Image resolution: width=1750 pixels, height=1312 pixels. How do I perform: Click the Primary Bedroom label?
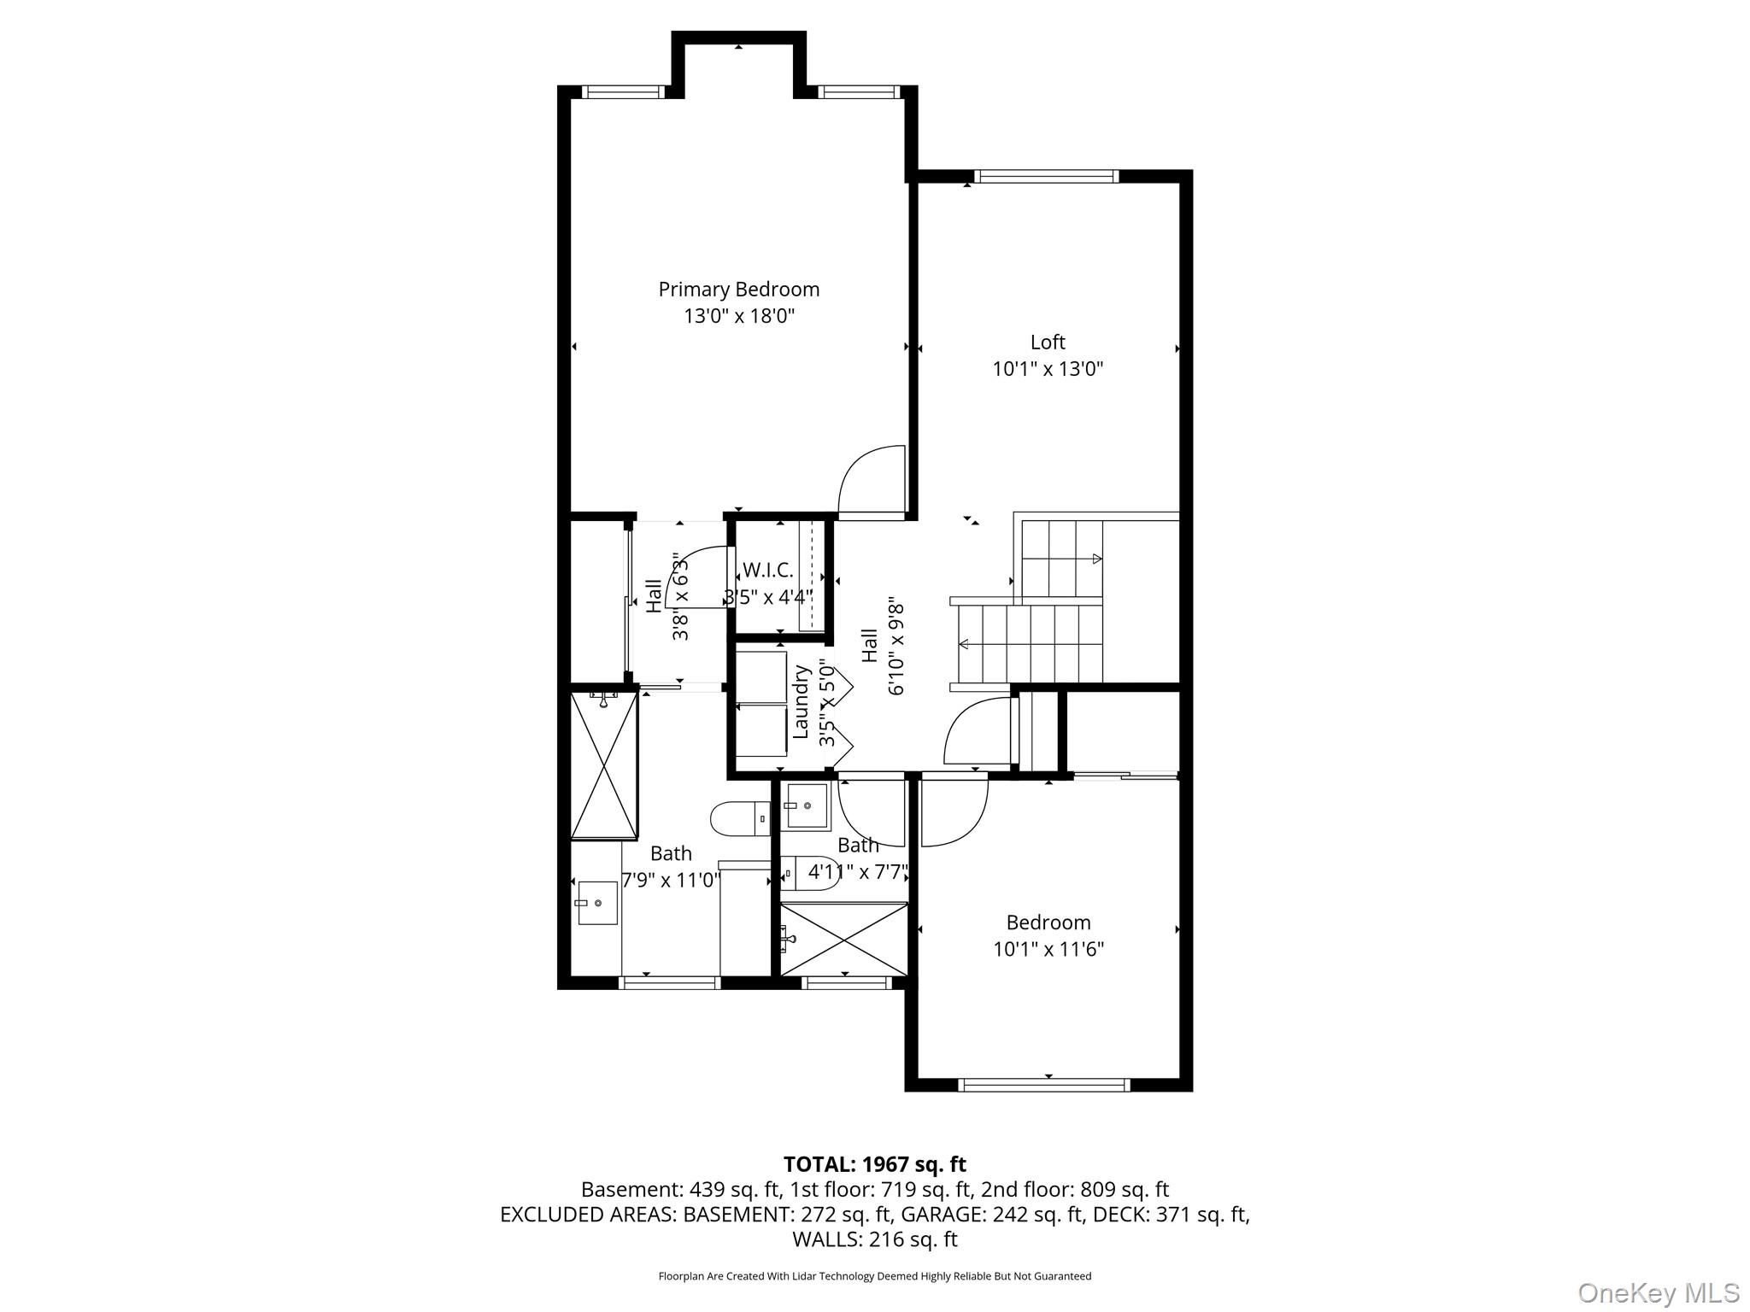(738, 290)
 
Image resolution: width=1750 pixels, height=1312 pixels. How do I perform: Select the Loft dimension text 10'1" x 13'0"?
(1048, 369)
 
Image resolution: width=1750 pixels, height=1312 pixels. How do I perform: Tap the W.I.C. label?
(767, 570)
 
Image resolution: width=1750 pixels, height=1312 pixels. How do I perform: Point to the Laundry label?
(801, 702)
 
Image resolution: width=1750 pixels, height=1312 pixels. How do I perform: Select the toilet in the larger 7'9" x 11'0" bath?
(740, 819)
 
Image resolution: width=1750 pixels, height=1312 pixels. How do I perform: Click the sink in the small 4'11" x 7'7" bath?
(807, 805)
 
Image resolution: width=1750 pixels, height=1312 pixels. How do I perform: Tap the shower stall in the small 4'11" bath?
(844, 939)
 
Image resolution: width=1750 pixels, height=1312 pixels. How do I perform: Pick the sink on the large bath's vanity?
(597, 903)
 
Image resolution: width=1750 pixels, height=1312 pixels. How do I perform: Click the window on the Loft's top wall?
(1047, 177)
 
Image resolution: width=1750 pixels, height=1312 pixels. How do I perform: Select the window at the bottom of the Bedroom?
(1044, 1085)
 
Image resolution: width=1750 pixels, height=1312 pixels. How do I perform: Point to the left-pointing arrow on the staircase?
(964, 644)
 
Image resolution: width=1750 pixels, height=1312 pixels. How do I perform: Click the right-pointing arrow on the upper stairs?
(1096, 559)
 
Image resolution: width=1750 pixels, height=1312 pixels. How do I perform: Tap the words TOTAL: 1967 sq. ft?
(874, 1164)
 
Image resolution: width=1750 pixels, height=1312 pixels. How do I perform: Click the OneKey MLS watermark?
(1657, 1292)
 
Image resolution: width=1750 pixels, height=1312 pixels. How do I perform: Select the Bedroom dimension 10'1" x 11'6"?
(1048, 949)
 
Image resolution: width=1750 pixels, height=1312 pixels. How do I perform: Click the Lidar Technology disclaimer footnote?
(874, 1276)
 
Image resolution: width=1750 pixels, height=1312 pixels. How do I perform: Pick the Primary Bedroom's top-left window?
(623, 92)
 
